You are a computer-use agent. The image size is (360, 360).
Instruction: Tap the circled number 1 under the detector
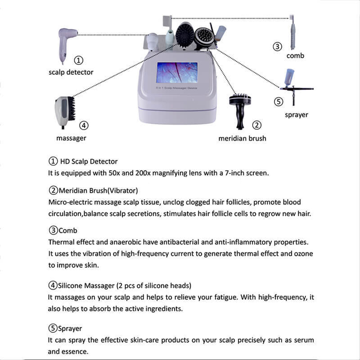(x=79, y=60)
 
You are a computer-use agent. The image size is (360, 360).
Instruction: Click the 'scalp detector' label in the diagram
(x=71, y=72)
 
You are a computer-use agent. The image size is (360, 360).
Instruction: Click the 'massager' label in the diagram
(x=71, y=138)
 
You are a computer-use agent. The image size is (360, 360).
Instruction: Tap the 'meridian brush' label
(x=242, y=138)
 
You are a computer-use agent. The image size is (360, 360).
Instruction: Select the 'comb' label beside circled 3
(x=295, y=56)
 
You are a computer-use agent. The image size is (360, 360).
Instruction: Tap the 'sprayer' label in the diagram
(x=296, y=115)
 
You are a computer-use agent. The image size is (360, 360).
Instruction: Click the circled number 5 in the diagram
(x=279, y=102)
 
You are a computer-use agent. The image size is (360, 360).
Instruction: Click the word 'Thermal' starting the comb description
(x=60, y=242)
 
